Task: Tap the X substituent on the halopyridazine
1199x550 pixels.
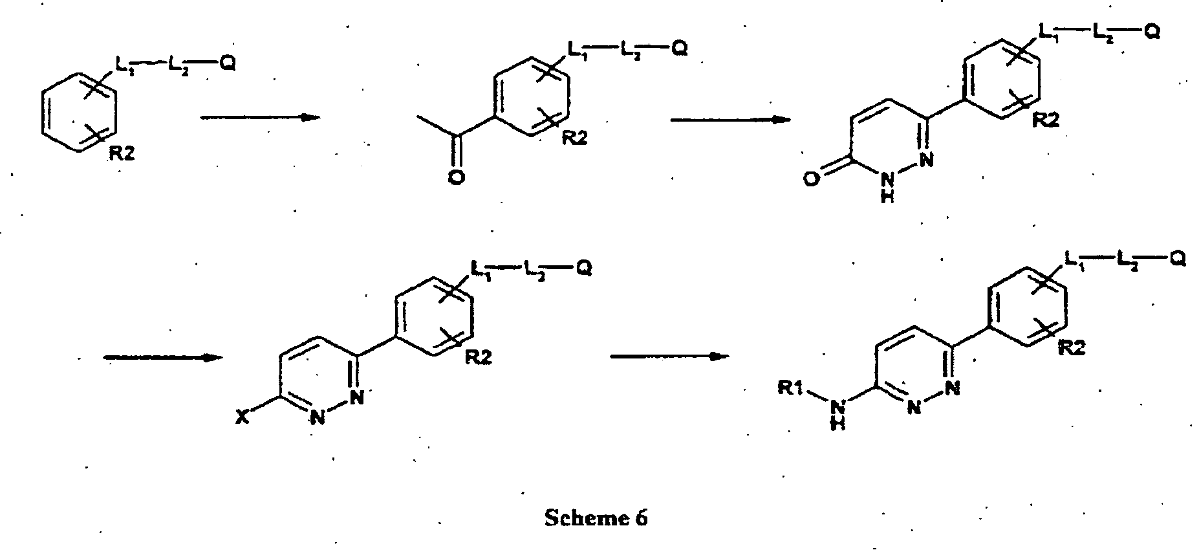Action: pos(241,419)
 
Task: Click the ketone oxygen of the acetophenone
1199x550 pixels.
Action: pos(456,176)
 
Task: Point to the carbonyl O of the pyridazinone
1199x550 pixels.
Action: pos(812,177)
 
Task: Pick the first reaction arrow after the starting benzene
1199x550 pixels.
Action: pos(261,117)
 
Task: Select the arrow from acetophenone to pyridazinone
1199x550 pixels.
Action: pos(730,120)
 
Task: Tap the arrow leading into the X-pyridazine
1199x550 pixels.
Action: pos(164,357)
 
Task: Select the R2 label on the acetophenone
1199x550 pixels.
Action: pos(574,138)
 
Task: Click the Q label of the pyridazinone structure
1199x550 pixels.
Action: pos(1152,32)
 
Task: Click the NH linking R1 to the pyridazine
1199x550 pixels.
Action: pos(838,414)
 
